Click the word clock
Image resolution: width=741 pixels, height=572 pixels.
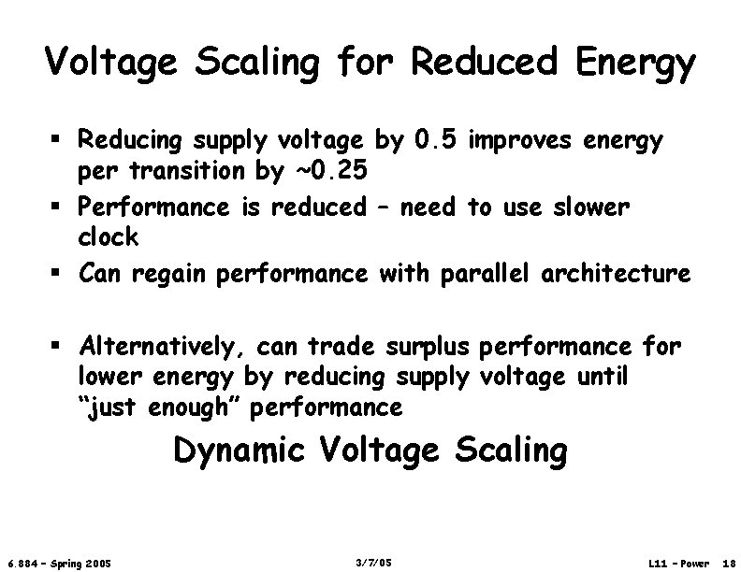(x=108, y=237)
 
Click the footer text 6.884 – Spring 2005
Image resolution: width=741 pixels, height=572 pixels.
(x=59, y=564)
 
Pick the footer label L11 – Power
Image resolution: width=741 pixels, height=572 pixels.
(x=678, y=564)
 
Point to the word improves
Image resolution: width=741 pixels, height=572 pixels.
(x=520, y=142)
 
